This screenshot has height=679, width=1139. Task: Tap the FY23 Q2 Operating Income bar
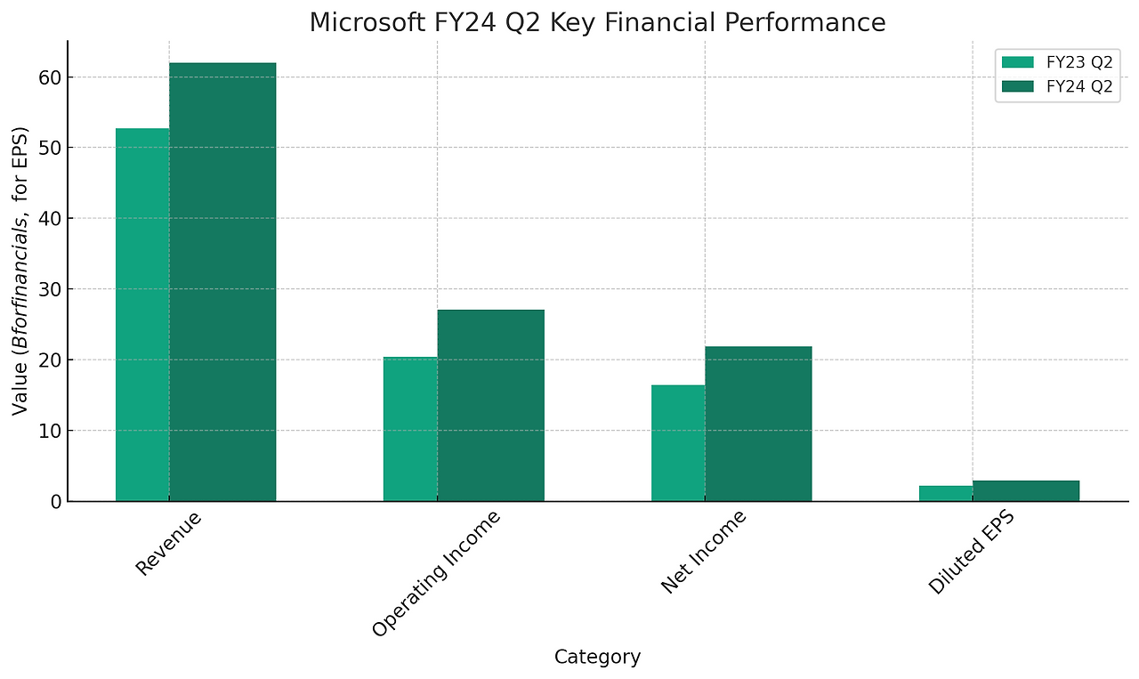point(410,429)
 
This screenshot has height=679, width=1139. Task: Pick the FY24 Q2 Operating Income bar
point(490,406)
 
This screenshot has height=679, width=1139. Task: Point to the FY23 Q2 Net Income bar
point(678,443)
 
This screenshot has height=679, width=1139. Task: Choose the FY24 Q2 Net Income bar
point(758,424)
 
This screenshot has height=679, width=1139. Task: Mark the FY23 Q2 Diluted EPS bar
point(946,494)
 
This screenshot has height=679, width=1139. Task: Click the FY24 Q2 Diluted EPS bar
point(1026,491)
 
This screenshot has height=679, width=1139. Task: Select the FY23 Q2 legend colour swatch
point(1018,62)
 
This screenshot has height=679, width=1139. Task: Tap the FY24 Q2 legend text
point(1079,86)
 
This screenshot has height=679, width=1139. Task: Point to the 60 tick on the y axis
point(50,77)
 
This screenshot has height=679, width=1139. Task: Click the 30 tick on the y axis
point(50,289)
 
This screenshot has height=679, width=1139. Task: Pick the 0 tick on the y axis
point(55,502)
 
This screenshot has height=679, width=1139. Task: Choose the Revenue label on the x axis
point(169,543)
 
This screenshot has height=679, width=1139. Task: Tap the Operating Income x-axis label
point(436,574)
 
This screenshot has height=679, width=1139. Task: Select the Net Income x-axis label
point(704,552)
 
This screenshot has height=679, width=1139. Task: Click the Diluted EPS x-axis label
point(971,554)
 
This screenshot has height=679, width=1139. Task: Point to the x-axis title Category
point(597,658)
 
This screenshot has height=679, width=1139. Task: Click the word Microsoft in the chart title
point(355,23)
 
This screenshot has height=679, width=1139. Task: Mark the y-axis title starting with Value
point(20,271)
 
